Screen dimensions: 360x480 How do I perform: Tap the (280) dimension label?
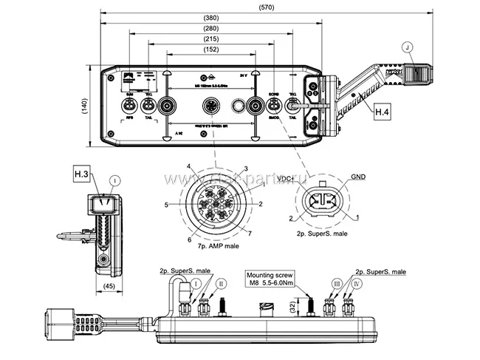coord(211,28)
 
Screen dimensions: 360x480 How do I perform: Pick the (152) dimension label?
coord(211,50)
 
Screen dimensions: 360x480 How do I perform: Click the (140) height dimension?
coord(83,106)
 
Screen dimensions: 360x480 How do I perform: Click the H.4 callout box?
coord(381,112)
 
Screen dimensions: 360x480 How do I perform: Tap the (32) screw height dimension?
coord(292,305)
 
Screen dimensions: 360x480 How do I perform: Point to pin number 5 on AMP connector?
coord(168,204)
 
